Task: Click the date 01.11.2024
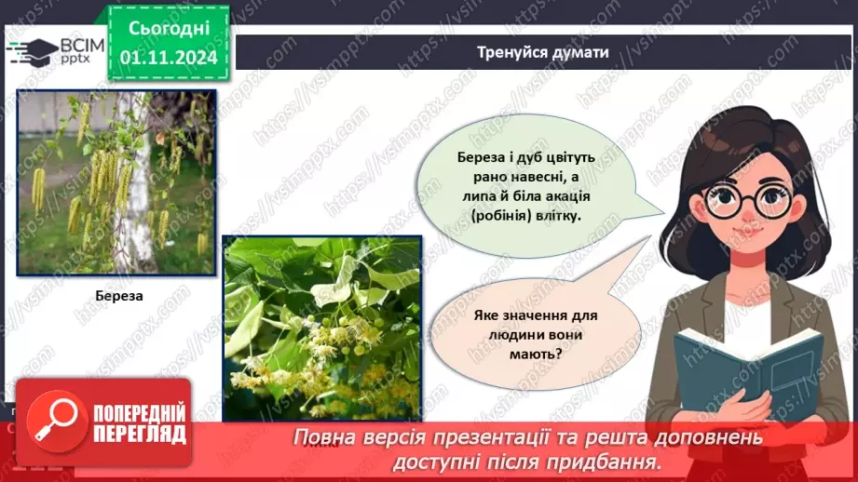[169, 58]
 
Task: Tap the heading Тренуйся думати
[543, 52]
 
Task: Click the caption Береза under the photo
[116, 297]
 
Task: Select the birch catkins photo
[116, 182]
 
